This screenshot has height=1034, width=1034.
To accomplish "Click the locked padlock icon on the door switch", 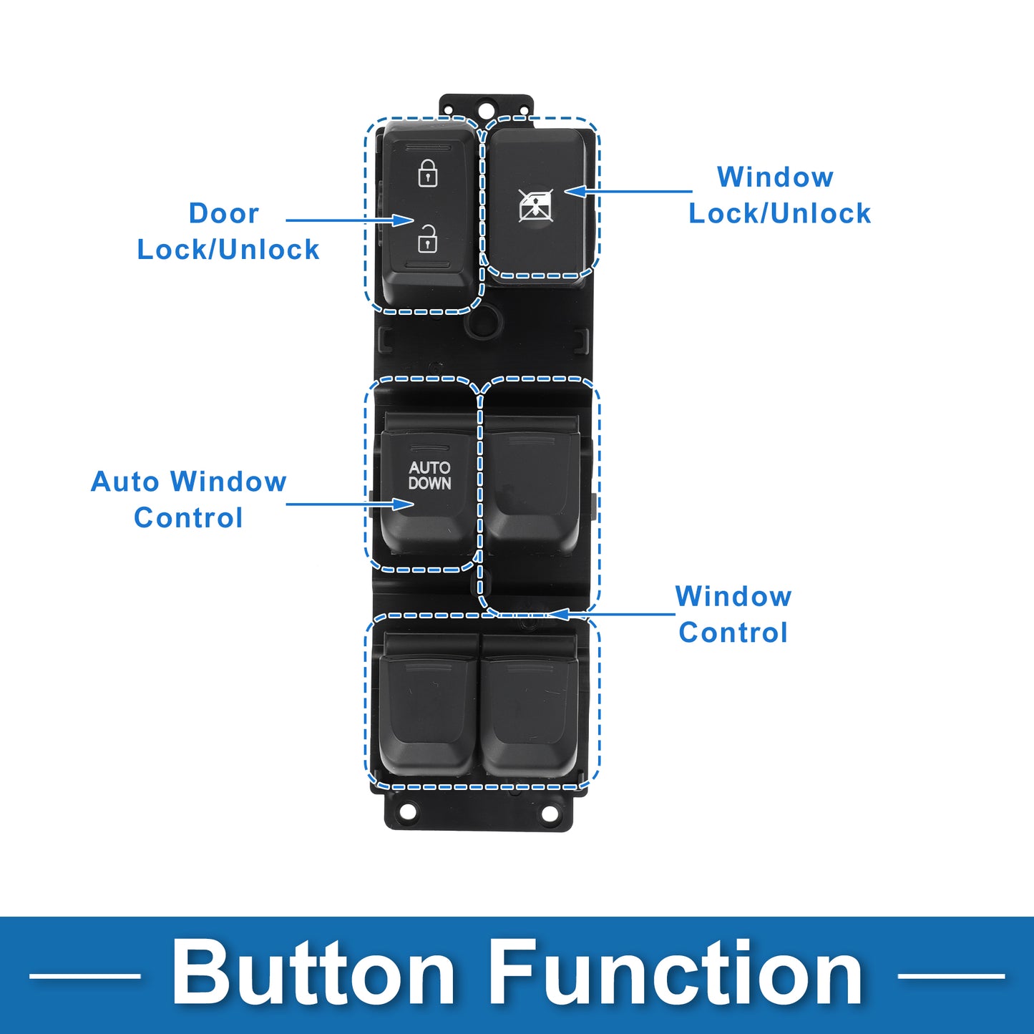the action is pyautogui.click(x=428, y=172).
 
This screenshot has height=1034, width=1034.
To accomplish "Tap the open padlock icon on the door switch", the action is pyautogui.click(x=428, y=239).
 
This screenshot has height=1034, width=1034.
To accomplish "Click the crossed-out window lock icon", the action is pyautogui.click(x=536, y=205).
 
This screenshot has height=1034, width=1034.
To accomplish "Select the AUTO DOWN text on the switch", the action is pyautogui.click(x=429, y=475).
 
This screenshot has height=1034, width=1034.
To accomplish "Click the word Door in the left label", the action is pyautogui.click(x=224, y=213).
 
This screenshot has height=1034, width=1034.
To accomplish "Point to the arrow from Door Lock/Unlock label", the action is pyautogui.click(x=350, y=220).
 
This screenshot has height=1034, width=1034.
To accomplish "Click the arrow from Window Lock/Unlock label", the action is pyautogui.click(x=628, y=191).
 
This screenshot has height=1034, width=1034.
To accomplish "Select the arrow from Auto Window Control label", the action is pyautogui.click(x=350, y=504).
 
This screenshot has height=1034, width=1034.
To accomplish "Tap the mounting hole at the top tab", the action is pyautogui.click(x=486, y=108).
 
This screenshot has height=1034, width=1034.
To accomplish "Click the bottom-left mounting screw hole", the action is pyautogui.click(x=408, y=812).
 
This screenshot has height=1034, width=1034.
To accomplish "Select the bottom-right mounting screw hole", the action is pyautogui.click(x=549, y=812).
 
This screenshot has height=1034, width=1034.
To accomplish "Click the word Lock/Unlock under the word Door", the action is pyautogui.click(x=228, y=250).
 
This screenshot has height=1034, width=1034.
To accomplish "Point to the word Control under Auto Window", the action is pyautogui.click(x=188, y=518).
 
